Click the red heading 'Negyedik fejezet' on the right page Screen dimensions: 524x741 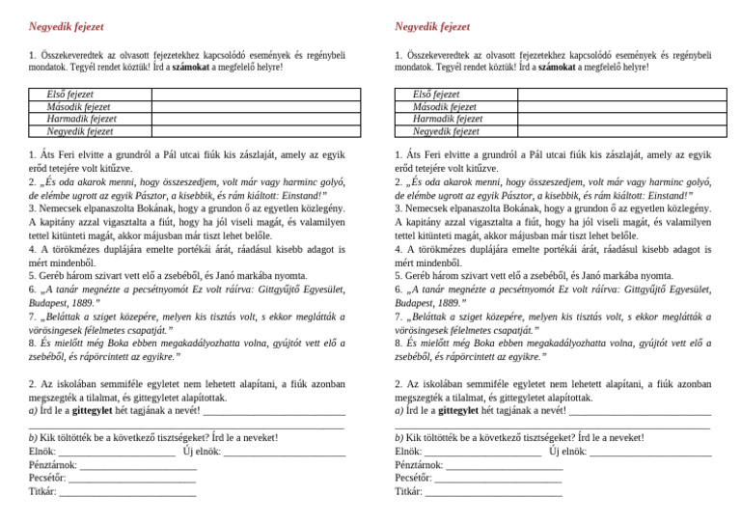pos(432,26)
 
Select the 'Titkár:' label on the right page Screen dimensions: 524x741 pos(409,491)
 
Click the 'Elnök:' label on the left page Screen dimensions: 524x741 pos(42,451)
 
